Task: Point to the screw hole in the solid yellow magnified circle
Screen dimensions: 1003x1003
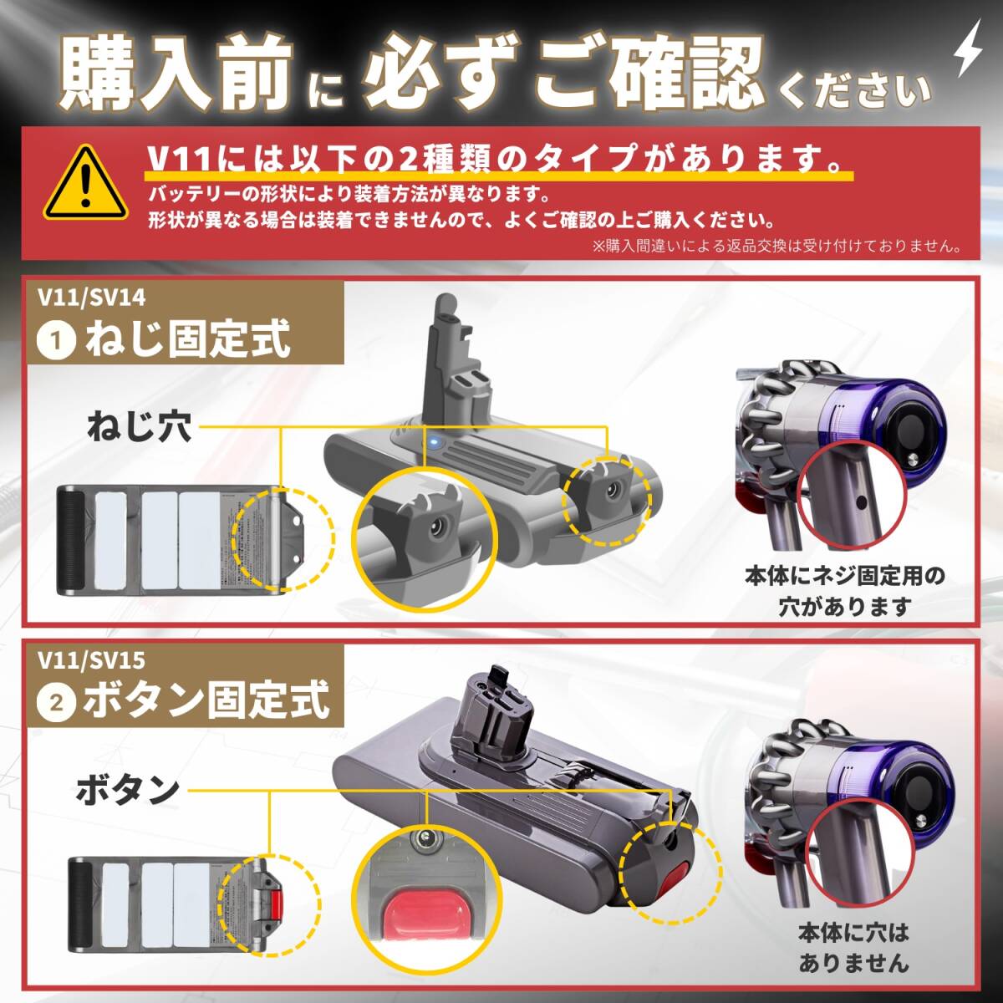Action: pyautogui.click(x=435, y=527)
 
